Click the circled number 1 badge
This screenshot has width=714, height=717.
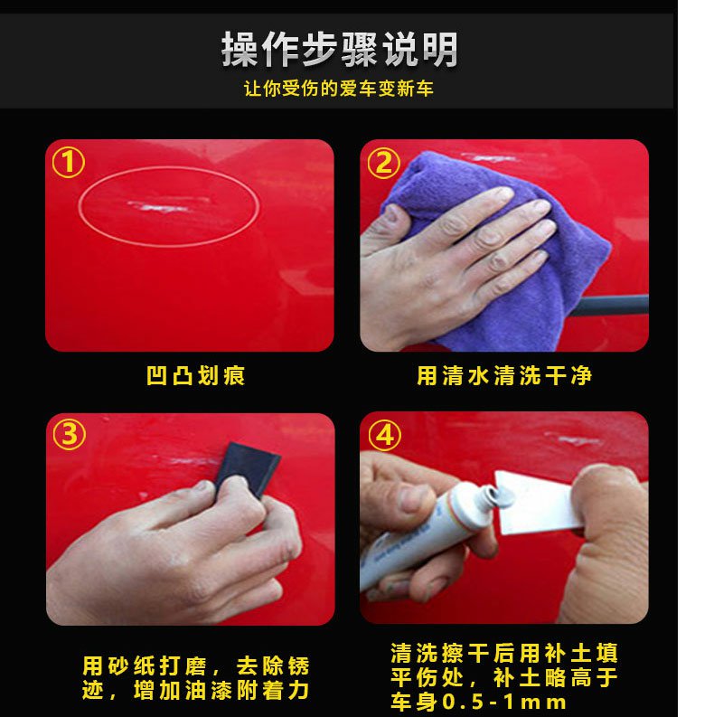point(69,163)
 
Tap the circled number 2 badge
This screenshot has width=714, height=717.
point(383,164)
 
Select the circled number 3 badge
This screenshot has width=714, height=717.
point(70,434)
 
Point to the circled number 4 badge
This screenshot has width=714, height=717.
point(385,435)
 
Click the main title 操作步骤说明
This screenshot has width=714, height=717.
point(339,50)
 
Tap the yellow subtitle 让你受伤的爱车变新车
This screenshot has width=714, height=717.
point(339,89)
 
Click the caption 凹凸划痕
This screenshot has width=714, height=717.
point(196,376)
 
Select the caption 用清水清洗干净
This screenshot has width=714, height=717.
point(504,376)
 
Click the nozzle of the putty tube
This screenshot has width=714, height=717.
point(493,496)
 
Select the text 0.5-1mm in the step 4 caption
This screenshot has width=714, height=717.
point(504,703)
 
